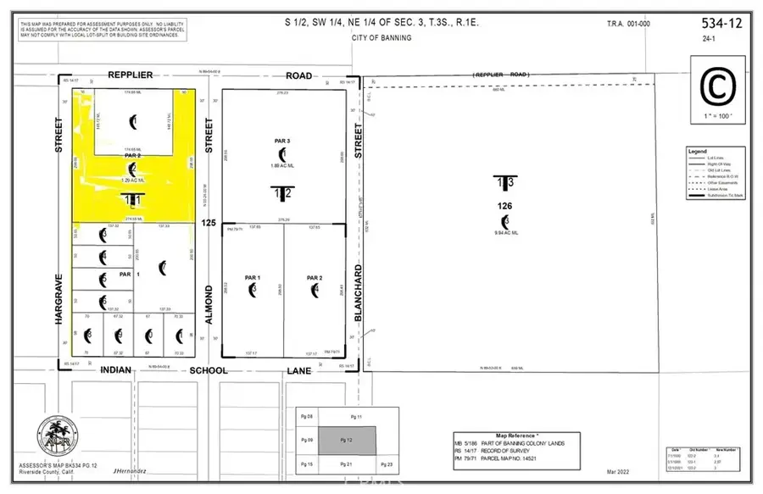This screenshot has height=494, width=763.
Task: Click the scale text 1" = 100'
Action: pyautogui.click(x=714, y=114)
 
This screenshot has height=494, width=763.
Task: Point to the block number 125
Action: pyautogui.click(x=207, y=222)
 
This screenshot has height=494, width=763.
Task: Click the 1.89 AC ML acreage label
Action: pyautogui.click(x=283, y=167)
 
